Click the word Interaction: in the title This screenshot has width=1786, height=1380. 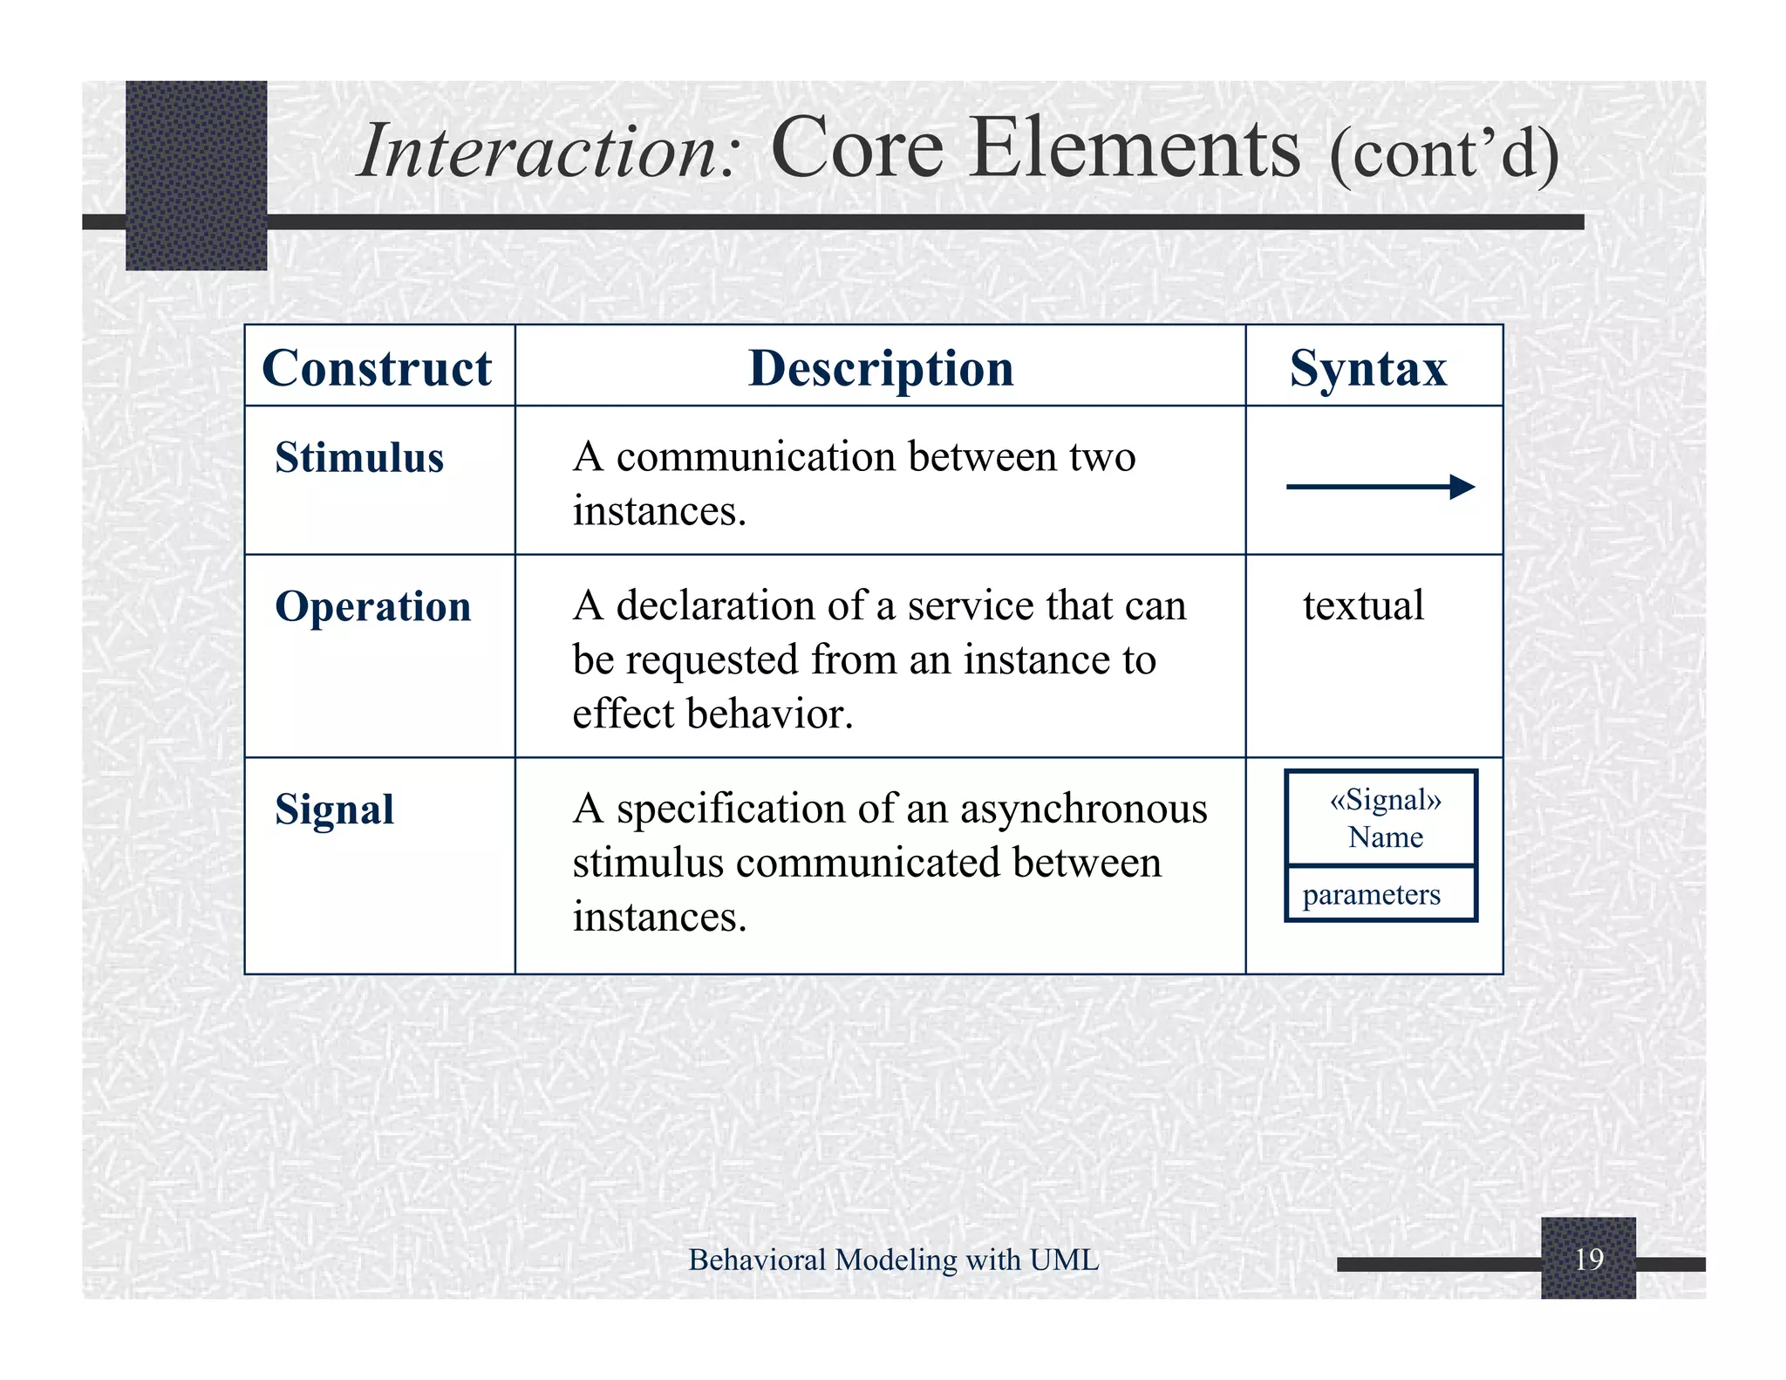click(x=549, y=152)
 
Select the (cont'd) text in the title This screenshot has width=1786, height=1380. click(x=1444, y=154)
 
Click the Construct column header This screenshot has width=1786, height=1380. click(x=377, y=368)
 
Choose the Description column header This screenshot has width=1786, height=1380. click(x=881, y=368)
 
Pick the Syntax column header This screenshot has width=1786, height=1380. click(x=1367, y=368)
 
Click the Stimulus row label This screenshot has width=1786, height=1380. click(x=359, y=458)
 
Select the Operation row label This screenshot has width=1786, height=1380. click(x=373, y=606)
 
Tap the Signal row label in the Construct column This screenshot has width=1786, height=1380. click(x=335, y=810)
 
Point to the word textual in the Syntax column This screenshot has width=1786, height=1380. click(x=1363, y=605)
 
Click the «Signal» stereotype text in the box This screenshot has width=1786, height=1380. click(x=1385, y=800)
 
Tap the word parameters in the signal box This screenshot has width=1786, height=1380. click(x=1371, y=894)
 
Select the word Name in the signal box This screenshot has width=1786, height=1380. click(x=1385, y=837)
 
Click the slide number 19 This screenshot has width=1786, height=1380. click(x=1589, y=1259)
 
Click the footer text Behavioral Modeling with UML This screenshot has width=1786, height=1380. click(x=893, y=1260)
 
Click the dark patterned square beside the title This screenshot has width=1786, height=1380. click(x=196, y=174)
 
